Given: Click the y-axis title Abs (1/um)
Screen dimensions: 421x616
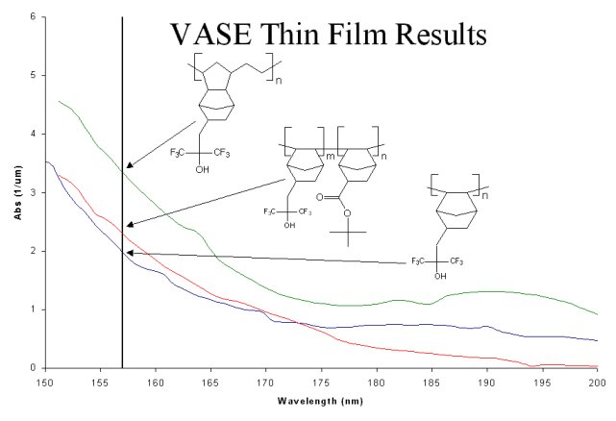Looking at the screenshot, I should (16, 192).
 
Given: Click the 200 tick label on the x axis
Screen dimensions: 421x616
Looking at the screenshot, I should (597, 381).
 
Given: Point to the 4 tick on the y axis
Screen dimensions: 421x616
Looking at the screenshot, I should (33, 134).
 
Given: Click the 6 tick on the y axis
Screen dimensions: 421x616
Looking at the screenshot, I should (33, 17).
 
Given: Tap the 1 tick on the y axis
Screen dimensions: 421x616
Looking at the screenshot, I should (33, 310).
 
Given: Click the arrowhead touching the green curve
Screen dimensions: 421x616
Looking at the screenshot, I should (129, 165).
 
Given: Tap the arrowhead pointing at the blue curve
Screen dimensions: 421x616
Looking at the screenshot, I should (130, 254).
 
